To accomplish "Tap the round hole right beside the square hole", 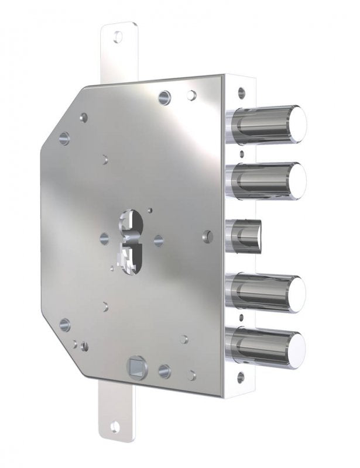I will [x=164, y=370].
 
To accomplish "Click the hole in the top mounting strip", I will [x=119, y=36].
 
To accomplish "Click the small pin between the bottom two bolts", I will [x=241, y=318].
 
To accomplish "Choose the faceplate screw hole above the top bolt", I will [x=240, y=92].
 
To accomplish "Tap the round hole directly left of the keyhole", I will [x=104, y=238].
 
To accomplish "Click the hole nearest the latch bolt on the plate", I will [x=208, y=236].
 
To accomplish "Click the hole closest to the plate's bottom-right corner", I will [x=191, y=375].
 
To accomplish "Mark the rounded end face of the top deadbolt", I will [x=299, y=123].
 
